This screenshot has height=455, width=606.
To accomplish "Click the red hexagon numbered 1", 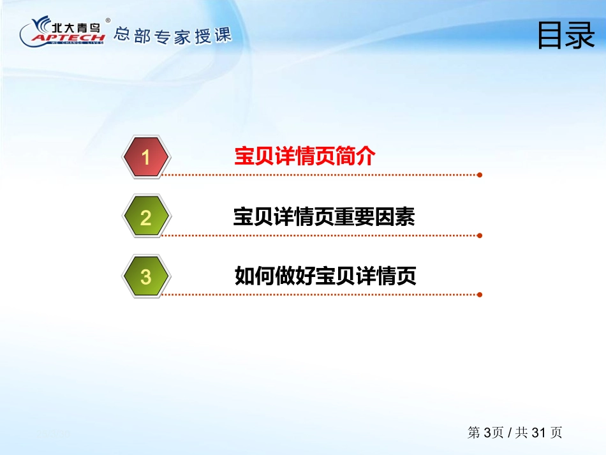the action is tap(145, 157).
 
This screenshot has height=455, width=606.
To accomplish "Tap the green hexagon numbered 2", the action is tap(145, 216).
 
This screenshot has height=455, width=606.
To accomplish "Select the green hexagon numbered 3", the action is tap(145, 276).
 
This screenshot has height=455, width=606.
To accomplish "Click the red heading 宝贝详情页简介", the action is tap(304, 156).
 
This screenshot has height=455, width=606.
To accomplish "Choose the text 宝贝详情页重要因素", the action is tap(324, 216).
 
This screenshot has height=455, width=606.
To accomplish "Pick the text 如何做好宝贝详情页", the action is tap(325, 276).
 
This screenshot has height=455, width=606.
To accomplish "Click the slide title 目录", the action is tap(566, 35).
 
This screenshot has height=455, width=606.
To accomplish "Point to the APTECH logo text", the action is tap(69, 38).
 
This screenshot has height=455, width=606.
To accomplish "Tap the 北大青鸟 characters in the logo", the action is tap(76, 27).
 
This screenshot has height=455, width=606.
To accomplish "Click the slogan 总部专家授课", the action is tap(173, 36).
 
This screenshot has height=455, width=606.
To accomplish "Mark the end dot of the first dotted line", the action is tap(480, 175).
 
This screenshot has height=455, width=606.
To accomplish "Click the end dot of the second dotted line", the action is tap(480, 235).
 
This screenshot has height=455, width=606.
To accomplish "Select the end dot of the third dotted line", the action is tap(480, 295).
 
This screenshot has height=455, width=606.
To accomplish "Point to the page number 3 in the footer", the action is tap(487, 433).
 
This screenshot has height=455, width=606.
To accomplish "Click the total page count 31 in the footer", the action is tap(538, 433).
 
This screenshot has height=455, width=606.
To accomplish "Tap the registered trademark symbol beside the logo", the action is tap(108, 20).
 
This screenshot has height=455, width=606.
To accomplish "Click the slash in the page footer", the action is tap(510, 433).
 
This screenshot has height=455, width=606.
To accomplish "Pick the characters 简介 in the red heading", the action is tap(355, 156).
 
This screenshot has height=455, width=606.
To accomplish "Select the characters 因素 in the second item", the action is tap(395, 216).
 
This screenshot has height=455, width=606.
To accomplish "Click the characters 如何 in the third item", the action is tap(255, 276).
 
